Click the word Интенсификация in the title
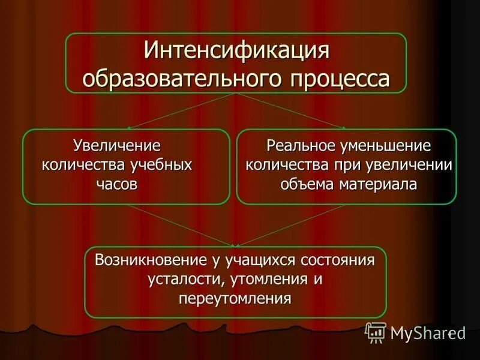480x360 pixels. pos(236,52)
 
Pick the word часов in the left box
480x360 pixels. pos(117,184)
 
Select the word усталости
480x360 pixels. pos(180,280)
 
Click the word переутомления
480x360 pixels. pos(235,298)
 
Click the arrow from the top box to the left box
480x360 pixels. pos(180,111)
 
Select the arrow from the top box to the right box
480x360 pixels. pos(294,111)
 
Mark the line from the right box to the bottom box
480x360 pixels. pos(294,225)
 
